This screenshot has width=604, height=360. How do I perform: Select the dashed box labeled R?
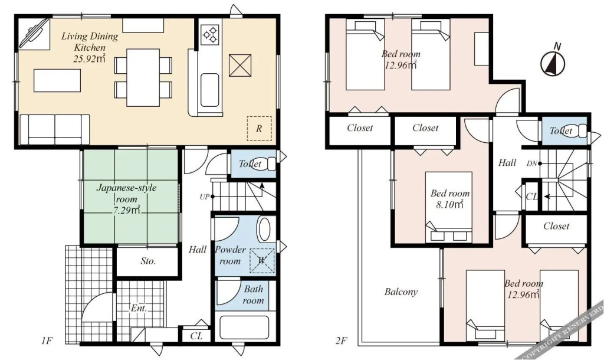259,128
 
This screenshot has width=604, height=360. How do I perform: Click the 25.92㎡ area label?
90,59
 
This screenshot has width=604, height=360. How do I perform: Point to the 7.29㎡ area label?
127,210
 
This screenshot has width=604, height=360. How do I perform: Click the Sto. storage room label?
148,261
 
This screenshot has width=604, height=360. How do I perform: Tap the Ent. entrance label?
139,308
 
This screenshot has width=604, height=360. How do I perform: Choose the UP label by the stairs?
204,197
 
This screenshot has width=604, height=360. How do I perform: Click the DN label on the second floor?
531,163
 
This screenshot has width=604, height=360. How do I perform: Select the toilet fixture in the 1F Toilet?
270,164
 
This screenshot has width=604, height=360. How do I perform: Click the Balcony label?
401,292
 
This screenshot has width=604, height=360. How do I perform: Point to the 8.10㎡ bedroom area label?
449,204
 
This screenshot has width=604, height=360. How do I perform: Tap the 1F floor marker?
47,341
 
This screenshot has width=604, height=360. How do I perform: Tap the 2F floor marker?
341,341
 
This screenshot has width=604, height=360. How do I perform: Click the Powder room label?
230,255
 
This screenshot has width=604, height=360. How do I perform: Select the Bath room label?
253,294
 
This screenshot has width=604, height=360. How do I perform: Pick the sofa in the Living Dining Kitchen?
55,129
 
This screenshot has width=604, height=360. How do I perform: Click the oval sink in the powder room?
264,230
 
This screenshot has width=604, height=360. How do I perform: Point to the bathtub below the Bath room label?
244,328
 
